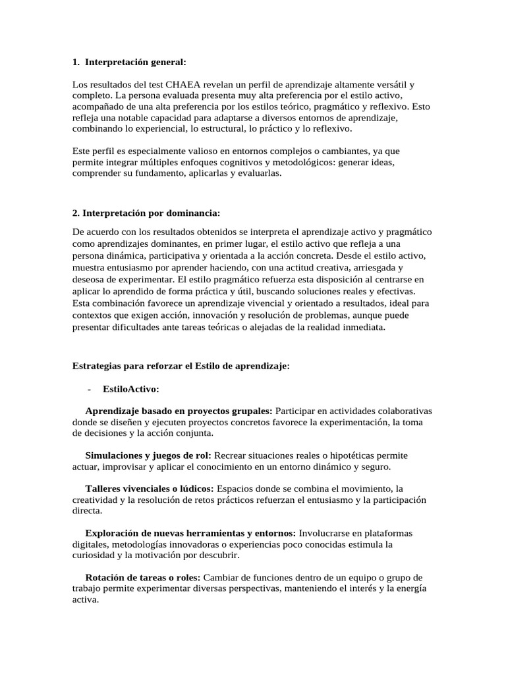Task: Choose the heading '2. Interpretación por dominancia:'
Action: (146, 213)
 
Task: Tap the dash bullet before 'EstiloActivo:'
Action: (88, 389)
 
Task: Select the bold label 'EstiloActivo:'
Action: (131, 389)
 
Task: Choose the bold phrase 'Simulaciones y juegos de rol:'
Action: (148, 455)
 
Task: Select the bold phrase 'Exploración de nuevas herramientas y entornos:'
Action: (190, 533)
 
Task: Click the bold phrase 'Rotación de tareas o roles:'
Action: (140, 578)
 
